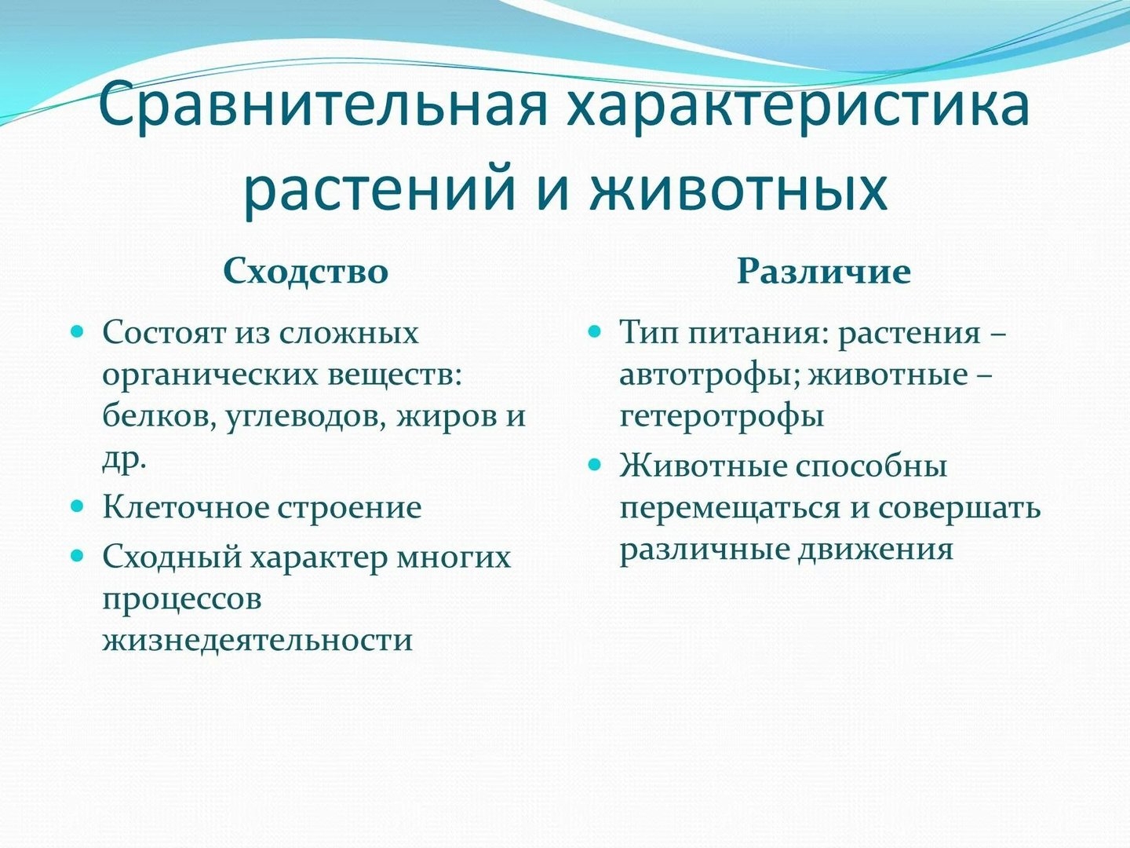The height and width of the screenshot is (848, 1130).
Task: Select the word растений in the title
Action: click(x=378, y=189)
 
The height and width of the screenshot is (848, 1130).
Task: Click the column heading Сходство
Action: click(x=305, y=271)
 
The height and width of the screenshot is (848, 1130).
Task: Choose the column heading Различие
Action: click(x=823, y=272)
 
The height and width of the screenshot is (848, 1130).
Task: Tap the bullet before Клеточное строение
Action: click(x=77, y=506)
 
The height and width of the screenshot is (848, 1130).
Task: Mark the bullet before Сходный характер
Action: click(x=77, y=556)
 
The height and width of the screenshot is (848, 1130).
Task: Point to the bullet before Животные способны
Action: click(x=595, y=464)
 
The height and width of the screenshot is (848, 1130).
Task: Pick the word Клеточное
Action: click(x=186, y=506)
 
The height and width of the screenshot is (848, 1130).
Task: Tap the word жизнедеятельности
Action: click(x=257, y=640)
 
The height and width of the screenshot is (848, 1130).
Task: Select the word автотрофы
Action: click(x=709, y=375)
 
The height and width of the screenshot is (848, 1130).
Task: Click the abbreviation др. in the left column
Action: click(x=125, y=461)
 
